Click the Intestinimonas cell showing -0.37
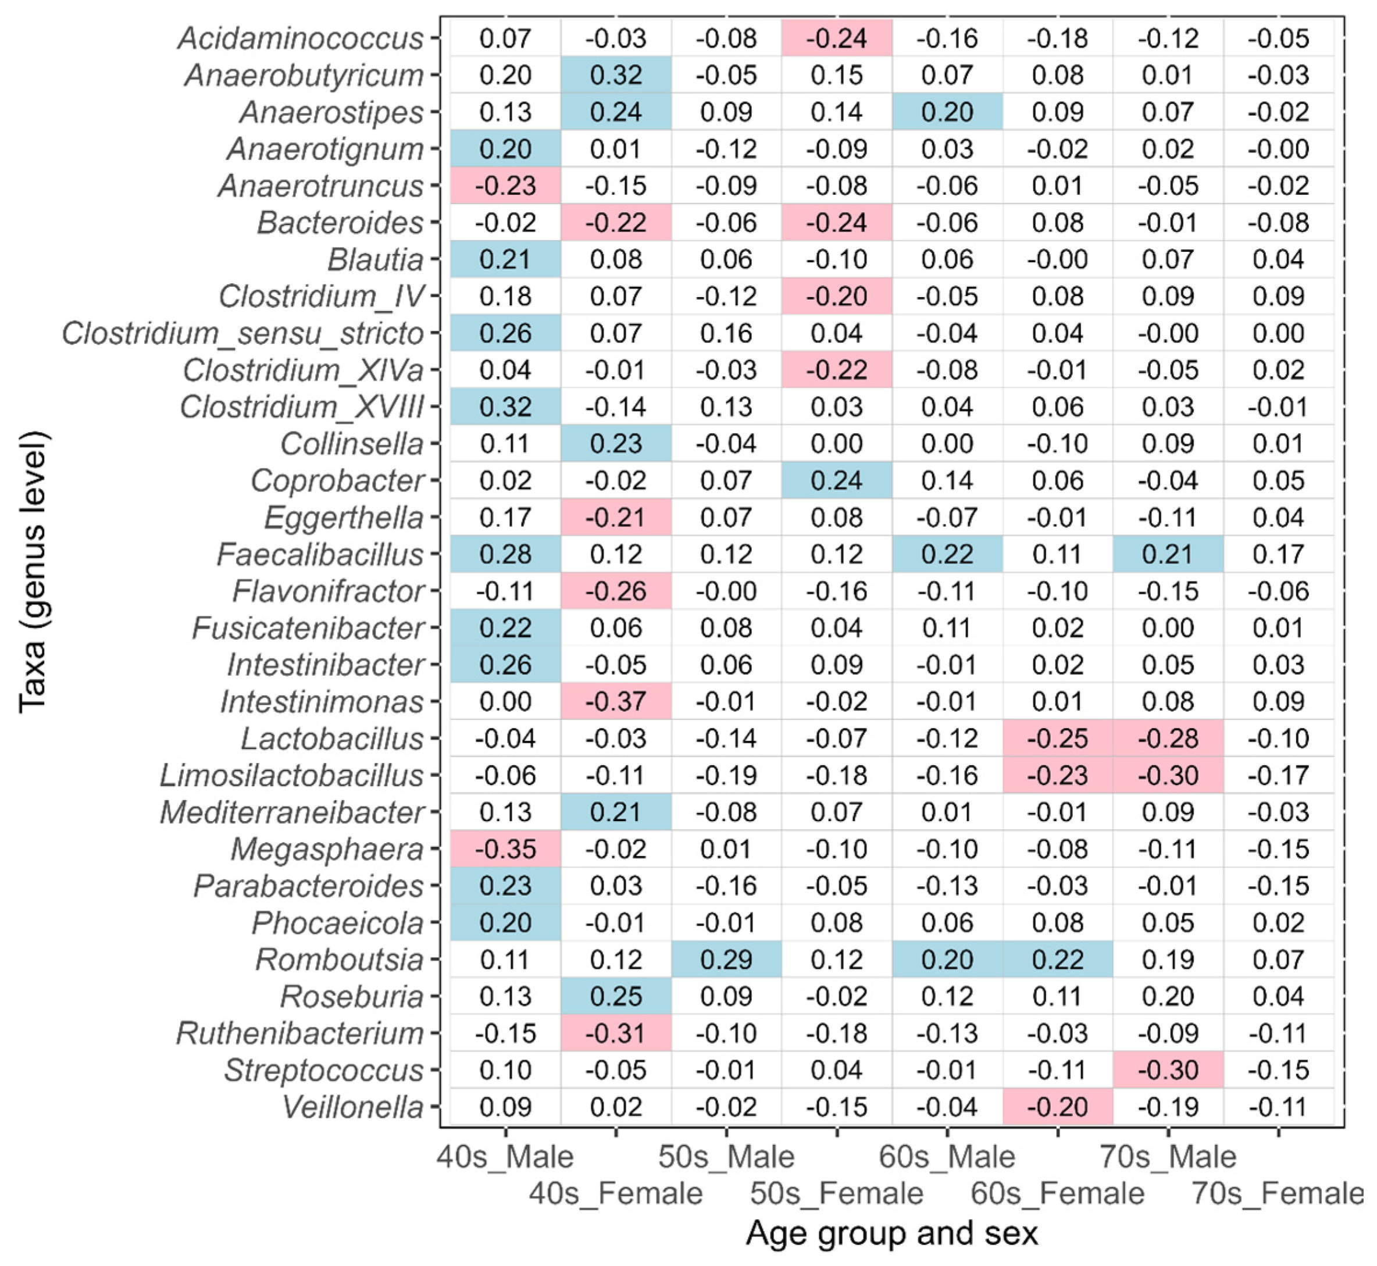[616, 701]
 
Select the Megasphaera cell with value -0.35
[505, 849]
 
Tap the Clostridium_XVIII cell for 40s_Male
[505, 407]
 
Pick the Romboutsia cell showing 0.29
[726, 960]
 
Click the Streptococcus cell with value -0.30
[1168, 1070]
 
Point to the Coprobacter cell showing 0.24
[836, 480]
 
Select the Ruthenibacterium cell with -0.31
[616, 1033]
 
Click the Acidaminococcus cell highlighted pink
[836, 38]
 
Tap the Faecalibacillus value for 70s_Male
[1168, 554]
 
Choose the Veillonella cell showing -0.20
[1058, 1107]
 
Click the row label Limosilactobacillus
[292, 776]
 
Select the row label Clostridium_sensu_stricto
[243, 334]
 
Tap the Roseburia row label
[352, 997]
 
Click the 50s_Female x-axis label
[836, 1193]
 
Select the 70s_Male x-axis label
[1168, 1157]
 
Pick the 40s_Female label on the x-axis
[616, 1193]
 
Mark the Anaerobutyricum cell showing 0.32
[616, 76]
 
